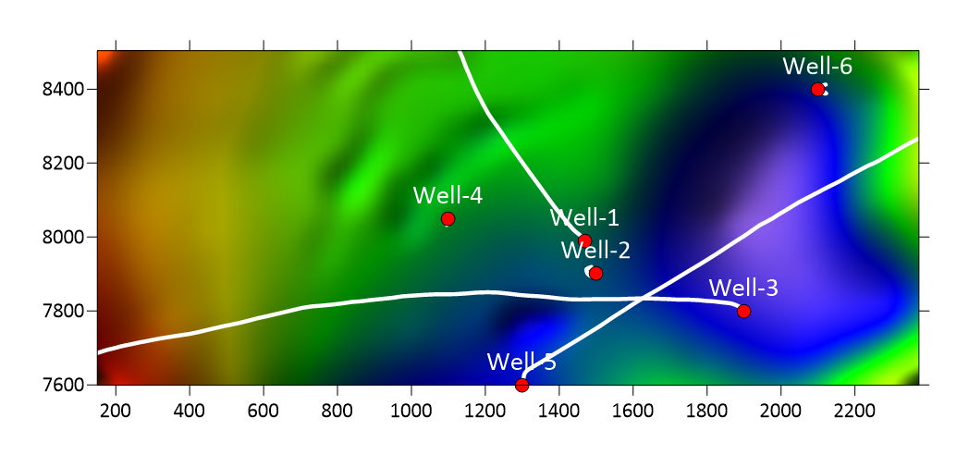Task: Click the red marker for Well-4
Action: pos(448,219)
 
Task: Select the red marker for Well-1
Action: pos(584,241)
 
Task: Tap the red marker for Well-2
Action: pos(595,273)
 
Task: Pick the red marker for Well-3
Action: pos(743,311)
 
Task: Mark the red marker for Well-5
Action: pos(521,385)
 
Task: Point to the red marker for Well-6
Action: pos(817,90)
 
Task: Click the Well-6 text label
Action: pos(817,66)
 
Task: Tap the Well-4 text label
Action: pos(448,195)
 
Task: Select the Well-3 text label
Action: pos(743,288)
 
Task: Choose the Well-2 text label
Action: pos(595,251)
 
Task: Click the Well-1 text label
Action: pos(584,218)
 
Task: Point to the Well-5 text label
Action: pos(521,363)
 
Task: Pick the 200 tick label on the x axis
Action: pos(116,408)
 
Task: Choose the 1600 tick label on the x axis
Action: pos(632,408)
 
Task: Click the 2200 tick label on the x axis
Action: pos(854,408)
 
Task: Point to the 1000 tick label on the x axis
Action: pos(411,408)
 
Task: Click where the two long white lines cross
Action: pos(643,298)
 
